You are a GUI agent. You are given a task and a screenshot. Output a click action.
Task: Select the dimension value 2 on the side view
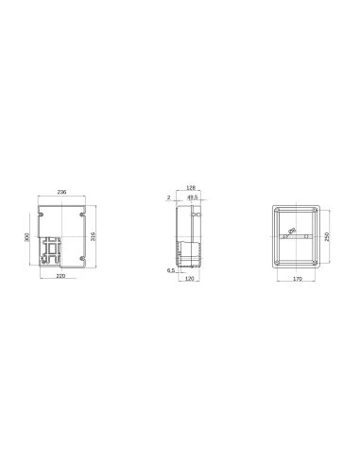(167, 198)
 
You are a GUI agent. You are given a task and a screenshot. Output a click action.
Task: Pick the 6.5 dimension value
(169, 270)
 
